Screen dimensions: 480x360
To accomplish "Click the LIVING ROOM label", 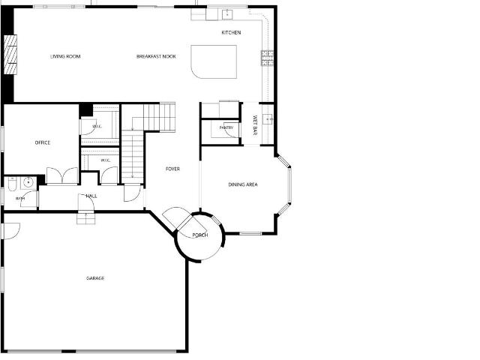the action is (65, 57).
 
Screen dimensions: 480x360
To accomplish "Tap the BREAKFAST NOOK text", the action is (156, 57).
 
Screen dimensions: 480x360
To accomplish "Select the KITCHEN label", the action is (231, 32).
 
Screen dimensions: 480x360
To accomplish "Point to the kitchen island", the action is (214, 61).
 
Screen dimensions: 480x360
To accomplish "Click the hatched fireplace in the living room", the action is (10, 55).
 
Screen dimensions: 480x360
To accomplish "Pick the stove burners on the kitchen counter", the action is (267, 58).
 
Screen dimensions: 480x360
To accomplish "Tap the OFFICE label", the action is (43, 142).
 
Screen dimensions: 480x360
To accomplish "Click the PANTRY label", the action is (226, 127).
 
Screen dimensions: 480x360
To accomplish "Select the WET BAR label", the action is (255, 125).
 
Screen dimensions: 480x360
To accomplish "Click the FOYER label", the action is (172, 169).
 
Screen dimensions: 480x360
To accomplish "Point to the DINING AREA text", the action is (243, 184).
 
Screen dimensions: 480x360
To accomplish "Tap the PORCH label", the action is (200, 235).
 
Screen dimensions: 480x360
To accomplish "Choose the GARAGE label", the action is (95, 278).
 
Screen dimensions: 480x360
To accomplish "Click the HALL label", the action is (91, 196).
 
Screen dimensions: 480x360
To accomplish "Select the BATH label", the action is (20, 199).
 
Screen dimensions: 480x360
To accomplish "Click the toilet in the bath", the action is (12, 184).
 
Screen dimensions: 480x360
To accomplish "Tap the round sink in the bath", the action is (28, 183).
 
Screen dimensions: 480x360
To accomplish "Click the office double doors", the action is (62, 175).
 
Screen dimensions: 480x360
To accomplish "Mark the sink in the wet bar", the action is (268, 118).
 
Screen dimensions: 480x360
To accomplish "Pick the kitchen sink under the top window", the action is (227, 14).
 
